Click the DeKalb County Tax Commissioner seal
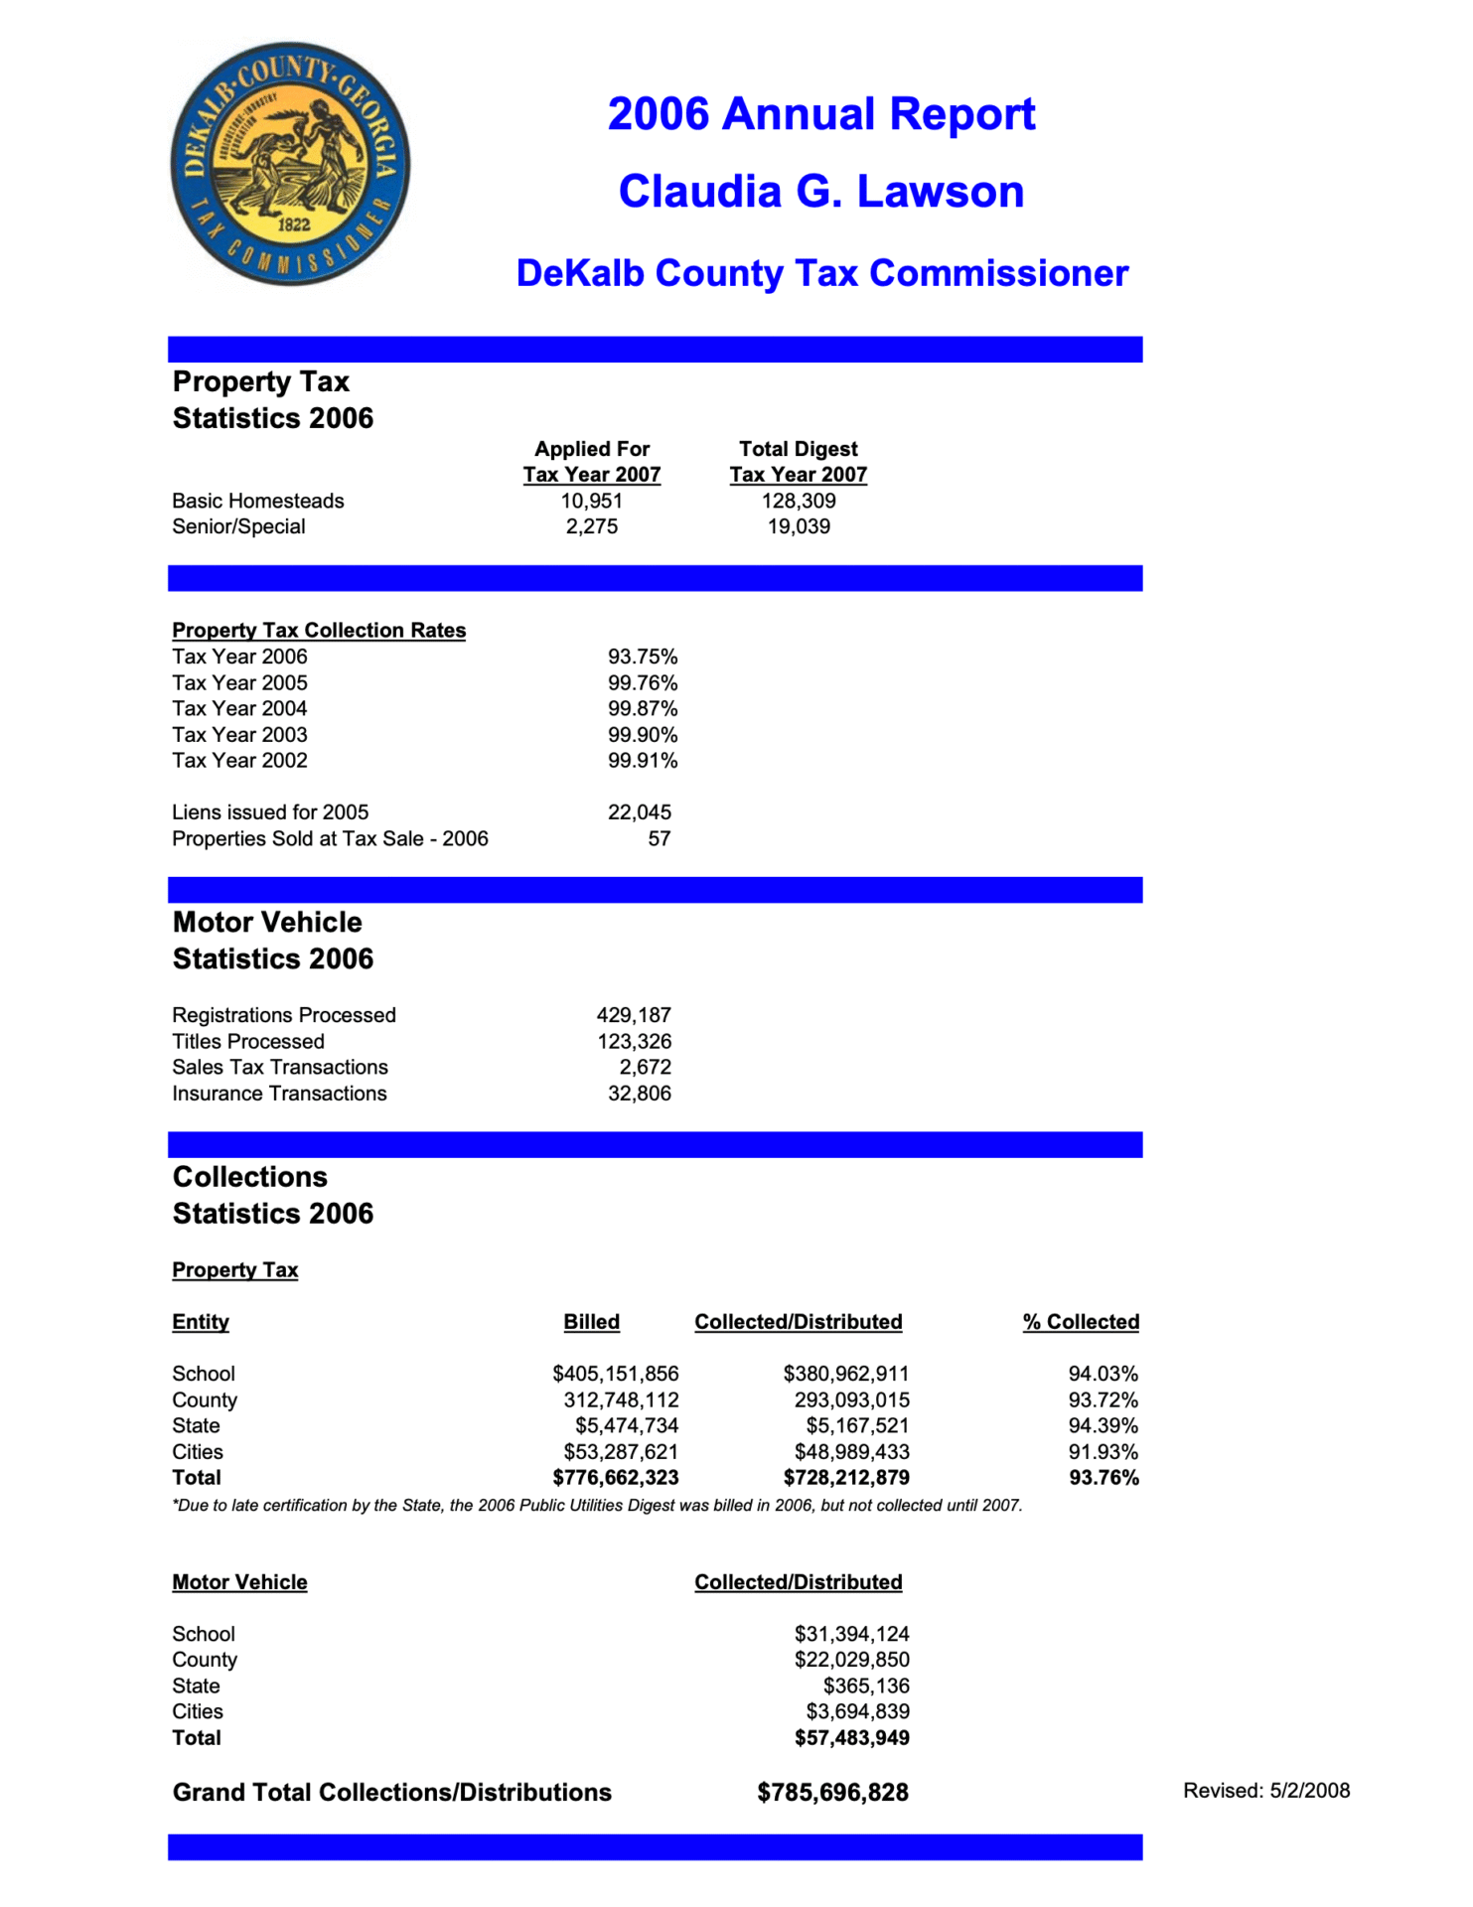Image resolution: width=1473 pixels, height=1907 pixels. click(290, 164)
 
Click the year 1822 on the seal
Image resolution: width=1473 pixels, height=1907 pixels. click(293, 224)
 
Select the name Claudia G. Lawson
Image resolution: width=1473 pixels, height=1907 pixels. click(820, 192)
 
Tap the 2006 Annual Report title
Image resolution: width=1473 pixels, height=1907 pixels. click(820, 114)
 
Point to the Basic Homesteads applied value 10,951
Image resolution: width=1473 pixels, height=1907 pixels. click(591, 501)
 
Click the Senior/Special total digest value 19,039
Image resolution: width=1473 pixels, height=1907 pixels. click(799, 526)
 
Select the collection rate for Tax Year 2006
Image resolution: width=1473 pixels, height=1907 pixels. click(642, 657)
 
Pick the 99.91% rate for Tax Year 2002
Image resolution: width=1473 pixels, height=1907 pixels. click(642, 761)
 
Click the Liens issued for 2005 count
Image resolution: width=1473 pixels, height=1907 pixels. click(639, 812)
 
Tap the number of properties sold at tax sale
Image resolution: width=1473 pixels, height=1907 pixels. click(659, 838)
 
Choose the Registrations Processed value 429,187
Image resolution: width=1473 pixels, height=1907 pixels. click(633, 1015)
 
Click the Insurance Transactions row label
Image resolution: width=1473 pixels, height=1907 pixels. click(279, 1094)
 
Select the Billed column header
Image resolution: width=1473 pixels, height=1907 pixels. click(591, 1322)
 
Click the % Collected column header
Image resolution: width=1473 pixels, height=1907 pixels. click(1081, 1322)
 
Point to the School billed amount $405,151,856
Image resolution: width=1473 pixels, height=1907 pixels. click(615, 1374)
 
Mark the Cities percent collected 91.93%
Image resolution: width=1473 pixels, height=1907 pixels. click(1103, 1452)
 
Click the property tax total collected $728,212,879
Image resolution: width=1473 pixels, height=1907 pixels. click(845, 1478)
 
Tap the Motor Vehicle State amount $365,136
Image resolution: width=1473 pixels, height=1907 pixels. click(865, 1687)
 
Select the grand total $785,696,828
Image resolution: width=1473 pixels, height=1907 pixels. click(832, 1793)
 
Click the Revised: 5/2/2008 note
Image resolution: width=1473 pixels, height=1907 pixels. click(1265, 1791)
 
